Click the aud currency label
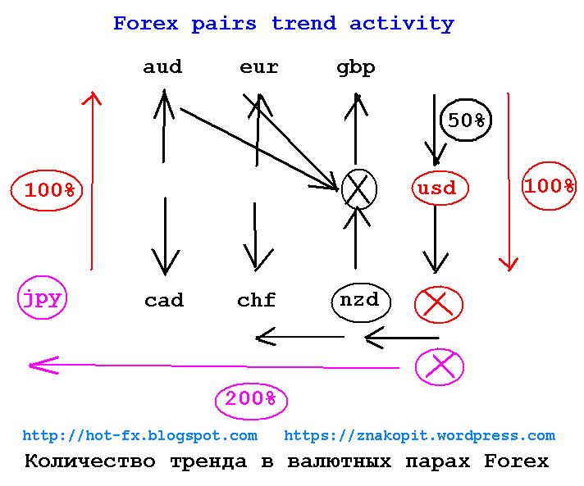[x=162, y=67]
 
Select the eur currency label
[x=259, y=67]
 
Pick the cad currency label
[x=164, y=300]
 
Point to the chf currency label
[x=257, y=300]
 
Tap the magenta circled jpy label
[x=42, y=298]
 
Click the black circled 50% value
[x=466, y=120]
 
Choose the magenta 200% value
[x=251, y=399]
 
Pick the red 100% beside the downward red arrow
[x=550, y=186]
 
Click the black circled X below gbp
[x=359, y=189]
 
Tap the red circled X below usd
[x=439, y=304]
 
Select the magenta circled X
[x=440, y=366]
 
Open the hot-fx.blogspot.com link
[x=140, y=436]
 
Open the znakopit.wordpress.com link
[x=419, y=436]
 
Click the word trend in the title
[x=304, y=24]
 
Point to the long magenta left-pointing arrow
[x=214, y=366]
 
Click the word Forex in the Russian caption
[x=517, y=461]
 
